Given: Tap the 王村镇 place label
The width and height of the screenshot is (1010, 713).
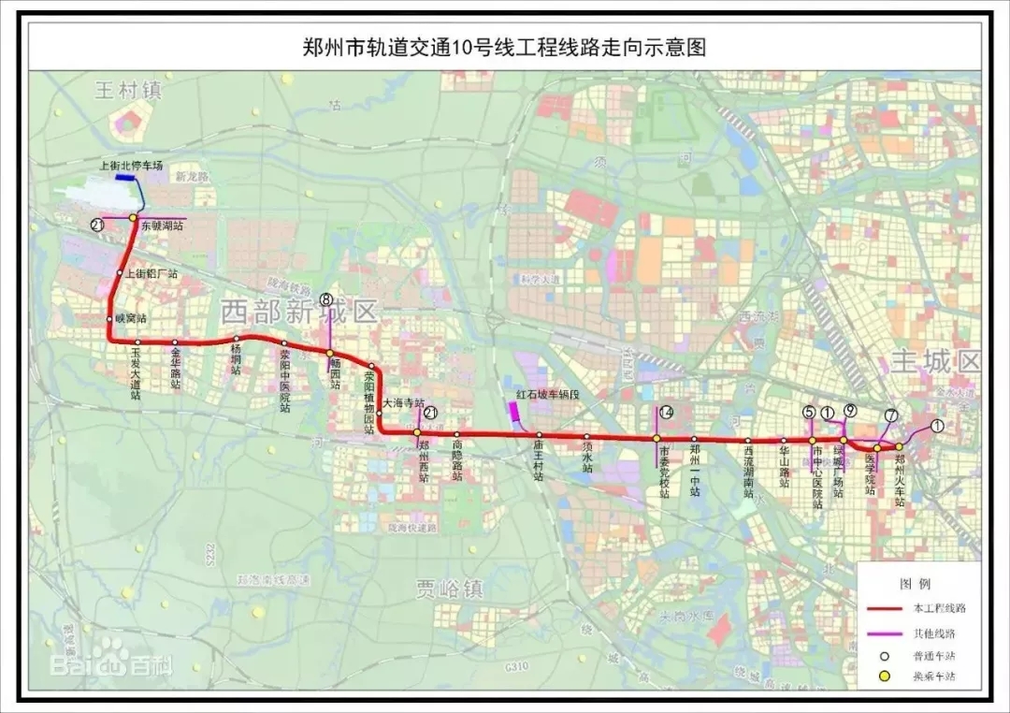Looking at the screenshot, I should [x=129, y=91].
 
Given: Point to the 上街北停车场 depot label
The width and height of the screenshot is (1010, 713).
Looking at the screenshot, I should [x=131, y=166].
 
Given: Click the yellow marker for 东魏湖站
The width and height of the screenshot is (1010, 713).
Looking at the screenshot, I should [x=134, y=218].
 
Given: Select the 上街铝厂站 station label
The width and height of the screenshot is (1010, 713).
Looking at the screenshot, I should [x=151, y=273].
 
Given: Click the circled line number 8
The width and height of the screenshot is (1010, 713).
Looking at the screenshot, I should [x=325, y=300].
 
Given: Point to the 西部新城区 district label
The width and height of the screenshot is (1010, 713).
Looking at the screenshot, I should [x=299, y=312].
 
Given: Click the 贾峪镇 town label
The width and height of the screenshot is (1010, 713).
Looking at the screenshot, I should [x=450, y=589].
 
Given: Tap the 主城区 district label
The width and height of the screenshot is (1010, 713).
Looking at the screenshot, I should [x=934, y=362].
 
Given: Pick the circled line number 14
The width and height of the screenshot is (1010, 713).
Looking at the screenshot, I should [x=666, y=413].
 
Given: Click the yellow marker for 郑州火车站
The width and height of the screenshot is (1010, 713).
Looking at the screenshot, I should [x=899, y=446].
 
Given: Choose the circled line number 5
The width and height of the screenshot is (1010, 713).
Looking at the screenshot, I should [x=809, y=412].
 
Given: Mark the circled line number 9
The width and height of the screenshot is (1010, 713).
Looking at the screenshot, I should [x=849, y=410].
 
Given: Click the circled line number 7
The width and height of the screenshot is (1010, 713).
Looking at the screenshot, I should [x=890, y=415].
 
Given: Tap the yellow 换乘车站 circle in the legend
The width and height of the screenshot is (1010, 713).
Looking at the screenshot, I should [x=884, y=677].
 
